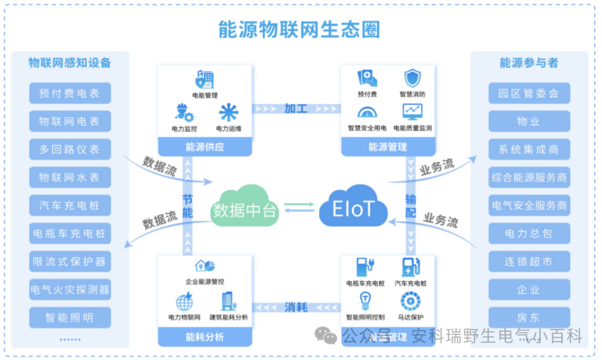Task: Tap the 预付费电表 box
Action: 70,93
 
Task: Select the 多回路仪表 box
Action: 70,149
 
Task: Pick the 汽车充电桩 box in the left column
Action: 70,205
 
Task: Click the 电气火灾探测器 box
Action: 70,289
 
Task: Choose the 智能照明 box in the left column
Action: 70,318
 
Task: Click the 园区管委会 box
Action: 529,93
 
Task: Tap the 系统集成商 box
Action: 529,149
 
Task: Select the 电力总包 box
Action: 529,233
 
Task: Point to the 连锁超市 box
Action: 529,261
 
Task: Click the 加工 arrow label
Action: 296,108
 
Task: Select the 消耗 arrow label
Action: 296,307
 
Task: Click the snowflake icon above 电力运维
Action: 229,113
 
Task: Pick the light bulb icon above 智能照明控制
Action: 365,301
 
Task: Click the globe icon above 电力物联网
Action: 185,301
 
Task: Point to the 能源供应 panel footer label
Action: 205,147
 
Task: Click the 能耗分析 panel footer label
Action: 205,337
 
